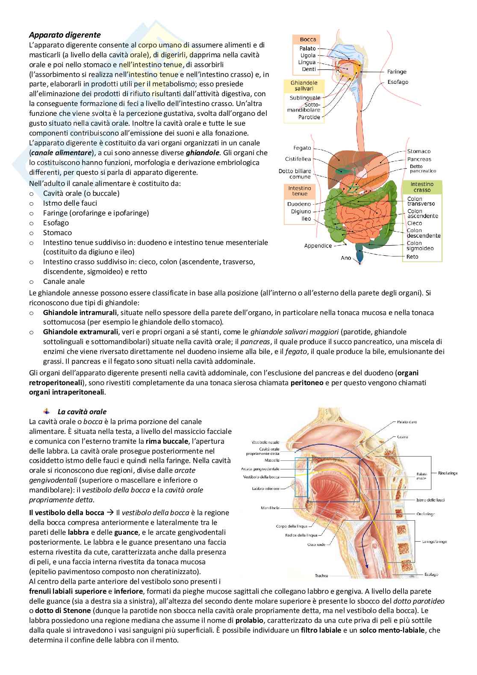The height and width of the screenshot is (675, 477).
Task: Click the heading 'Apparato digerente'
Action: (x=65, y=35)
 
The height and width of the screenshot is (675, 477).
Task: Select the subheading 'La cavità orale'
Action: (x=82, y=412)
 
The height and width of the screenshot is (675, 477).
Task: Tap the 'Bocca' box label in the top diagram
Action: (x=308, y=39)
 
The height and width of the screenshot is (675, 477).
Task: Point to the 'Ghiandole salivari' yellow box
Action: (x=302, y=85)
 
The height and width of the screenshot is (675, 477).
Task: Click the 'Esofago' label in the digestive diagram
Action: (x=397, y=82)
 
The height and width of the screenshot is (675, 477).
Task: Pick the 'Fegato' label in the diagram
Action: (x=302, y=148)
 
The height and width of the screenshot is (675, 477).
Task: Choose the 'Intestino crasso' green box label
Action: (x=421, y=187)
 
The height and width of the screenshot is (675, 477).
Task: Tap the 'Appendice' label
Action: (x=318, y=246)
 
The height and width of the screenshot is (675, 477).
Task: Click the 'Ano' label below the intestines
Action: (x=346, y=258)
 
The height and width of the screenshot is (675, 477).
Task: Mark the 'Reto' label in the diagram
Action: (x=412, y=257)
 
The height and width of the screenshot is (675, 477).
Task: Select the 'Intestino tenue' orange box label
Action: (x=300, y=191)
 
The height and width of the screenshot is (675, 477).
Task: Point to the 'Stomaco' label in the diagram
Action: (x=418, y=151)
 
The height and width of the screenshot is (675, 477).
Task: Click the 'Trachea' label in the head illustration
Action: (x=321, y=575)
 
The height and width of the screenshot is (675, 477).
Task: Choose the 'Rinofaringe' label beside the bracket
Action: (x=448, y=473)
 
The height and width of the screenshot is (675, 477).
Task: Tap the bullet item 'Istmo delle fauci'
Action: (x=70, y=203)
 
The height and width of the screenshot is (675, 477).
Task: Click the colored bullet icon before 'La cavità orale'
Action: (x=47, y=411)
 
